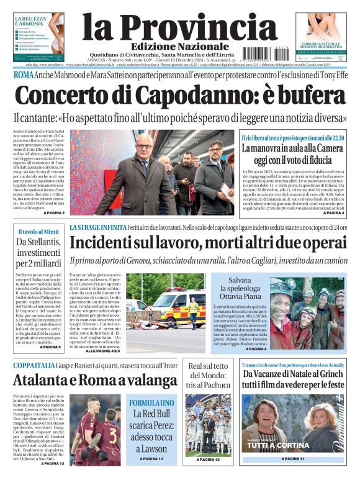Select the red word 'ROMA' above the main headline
(24, 75)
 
